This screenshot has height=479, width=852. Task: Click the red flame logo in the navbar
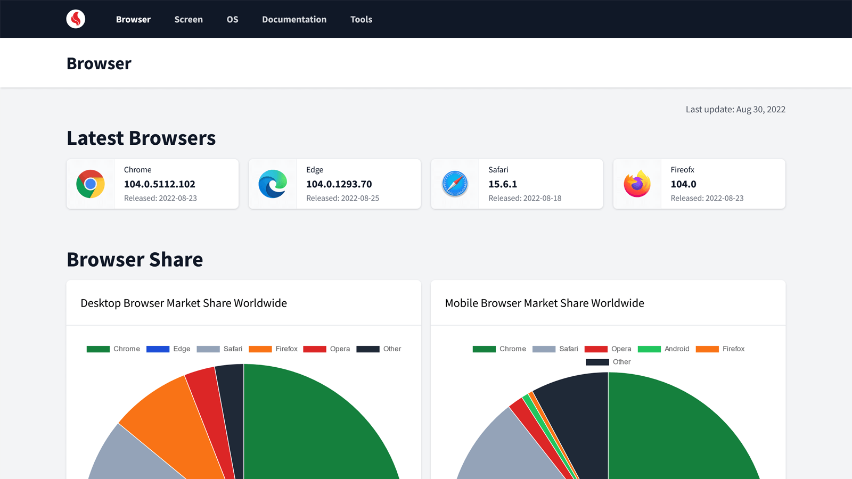(x=76, y=19)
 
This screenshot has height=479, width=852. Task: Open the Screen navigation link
(x=189, y=19)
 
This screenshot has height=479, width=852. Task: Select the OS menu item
(x=232, y=19)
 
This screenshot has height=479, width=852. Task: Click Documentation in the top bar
(x=294, y=19)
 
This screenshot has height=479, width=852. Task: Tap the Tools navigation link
(x=361, y=19)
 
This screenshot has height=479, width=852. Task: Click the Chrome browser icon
(x=91, y=184)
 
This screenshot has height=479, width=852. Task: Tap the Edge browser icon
(x=273, y=184)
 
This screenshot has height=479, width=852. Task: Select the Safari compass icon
(x=455, y=184)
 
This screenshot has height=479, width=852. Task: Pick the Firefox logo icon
(x=637, y=184)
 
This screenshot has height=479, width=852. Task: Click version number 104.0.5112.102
(x=160, y=184)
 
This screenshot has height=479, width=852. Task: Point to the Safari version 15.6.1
(x=503, y=184)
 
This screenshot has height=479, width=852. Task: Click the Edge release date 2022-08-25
(x=342, y=198)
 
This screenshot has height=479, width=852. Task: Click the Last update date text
(x=735, y=109)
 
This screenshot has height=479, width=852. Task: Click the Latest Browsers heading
(x=141, y=138)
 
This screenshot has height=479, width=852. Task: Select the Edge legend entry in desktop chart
(x=168, y=349)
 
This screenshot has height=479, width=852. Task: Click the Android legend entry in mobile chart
(x=663, y=349)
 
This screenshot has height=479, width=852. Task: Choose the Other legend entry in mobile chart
(x=608, y=362)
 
